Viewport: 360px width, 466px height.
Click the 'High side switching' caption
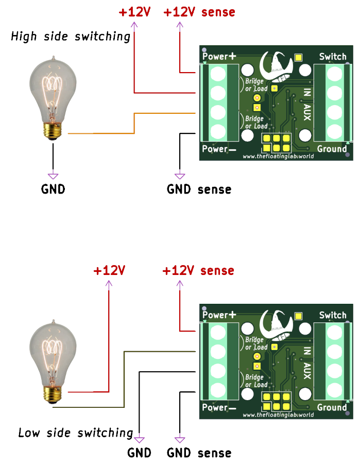[x=71, y=37]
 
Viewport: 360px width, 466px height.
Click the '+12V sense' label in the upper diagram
[x=199, y=12]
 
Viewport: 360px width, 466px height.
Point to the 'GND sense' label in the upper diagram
[x=199, y=189]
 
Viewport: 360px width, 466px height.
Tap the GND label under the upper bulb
[x=53, y=189]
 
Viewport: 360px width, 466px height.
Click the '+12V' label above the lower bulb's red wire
[x=109, y=271]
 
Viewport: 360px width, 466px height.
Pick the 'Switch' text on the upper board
[x=333, y=56]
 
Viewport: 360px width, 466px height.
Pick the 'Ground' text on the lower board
[x=332, y=407]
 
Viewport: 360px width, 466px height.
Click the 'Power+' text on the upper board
[x=219, y=56]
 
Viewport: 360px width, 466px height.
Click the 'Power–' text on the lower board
[x=219, y=408]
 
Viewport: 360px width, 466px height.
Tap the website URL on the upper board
[x=278, y=156]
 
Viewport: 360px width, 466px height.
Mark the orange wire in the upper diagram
[x=134, y=123]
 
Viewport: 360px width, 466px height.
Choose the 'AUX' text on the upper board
[x=307, y=112]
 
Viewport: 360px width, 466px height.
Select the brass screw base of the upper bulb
[x=53, y=132]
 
